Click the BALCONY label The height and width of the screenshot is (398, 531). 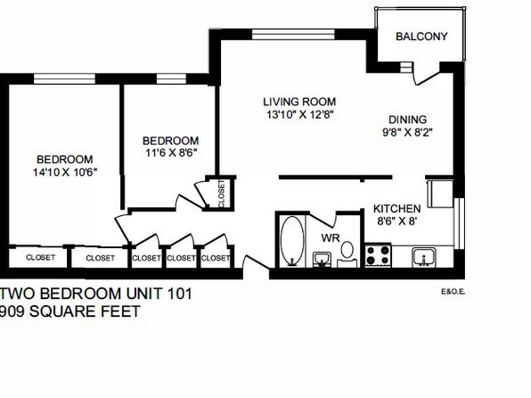click(x=421, y=37)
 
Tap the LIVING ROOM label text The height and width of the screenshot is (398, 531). click(x=299, y=102)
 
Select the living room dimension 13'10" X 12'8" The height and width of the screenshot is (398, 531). click(x=300, y=115)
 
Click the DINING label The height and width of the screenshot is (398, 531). click(x=408, y=120)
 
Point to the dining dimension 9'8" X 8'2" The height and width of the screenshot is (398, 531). click(x=408, y=132)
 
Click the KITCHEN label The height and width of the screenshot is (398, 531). click(x=396, y=208)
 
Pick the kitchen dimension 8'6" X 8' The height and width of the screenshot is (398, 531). click(x=396, y=221)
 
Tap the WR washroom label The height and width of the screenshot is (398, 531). click(x=331, y=238)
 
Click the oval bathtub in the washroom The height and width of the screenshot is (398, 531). click(x=292, y=241)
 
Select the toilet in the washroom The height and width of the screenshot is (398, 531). click(x=347, y=254)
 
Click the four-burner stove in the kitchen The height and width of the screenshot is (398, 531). click(x=378, y=255)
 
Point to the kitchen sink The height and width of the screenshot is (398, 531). click(x=424, y=257)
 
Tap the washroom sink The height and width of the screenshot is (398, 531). click(x=322, y=260)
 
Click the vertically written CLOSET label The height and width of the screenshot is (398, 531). click(x=222, y=194)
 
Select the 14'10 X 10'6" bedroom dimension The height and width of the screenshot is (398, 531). click(x=65, y=172)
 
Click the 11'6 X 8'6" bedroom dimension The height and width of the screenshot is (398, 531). click(x=171, y=153)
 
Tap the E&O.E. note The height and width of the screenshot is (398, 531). click(x=453, y=292)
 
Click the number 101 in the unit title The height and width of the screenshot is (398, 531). click(x=179, y=294)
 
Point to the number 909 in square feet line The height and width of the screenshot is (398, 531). click(x=12, y=311)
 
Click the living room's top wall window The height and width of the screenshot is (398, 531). click(x=294, y=34)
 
